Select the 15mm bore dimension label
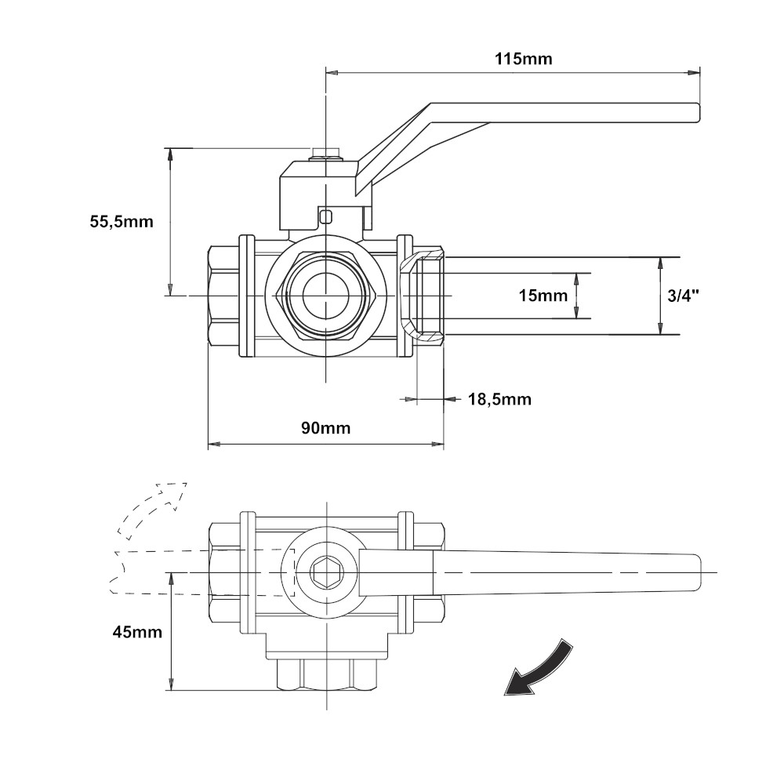pos(543,296)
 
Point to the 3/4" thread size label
pos(683,296)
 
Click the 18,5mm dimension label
pos(499,399)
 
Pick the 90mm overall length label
pos(325,427)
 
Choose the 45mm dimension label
pos(137,632)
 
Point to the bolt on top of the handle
pos(325,153)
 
